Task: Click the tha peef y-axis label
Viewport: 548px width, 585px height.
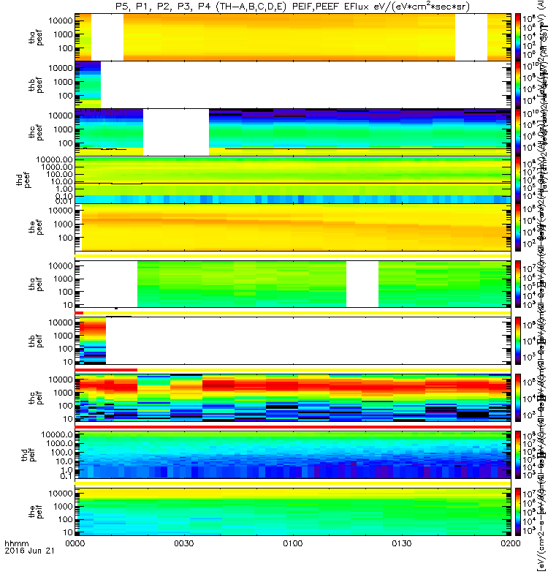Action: (x=29, y=37)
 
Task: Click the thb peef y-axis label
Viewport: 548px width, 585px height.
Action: (x=29, y=84)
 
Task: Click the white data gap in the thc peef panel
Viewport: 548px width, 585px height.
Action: (x=175, y=132)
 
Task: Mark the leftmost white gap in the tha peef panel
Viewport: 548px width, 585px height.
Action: (x=107, y=37)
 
